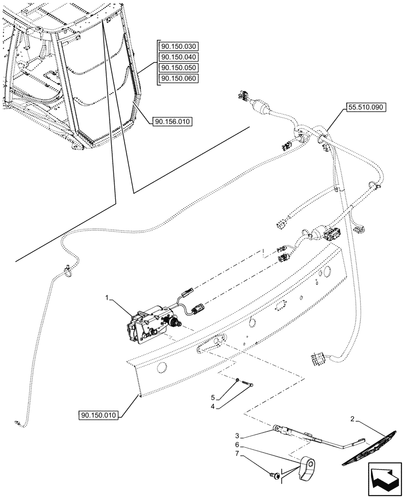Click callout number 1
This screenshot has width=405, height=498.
coord(107,297)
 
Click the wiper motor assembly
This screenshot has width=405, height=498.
coord(150,326)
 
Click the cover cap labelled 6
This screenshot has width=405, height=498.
coord(308,468)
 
